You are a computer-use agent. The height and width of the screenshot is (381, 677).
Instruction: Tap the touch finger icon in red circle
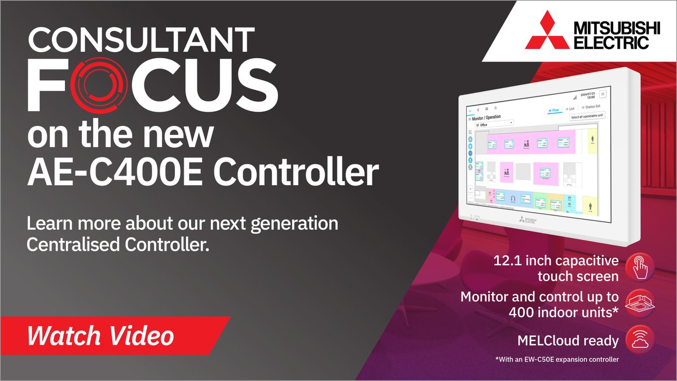click(x=639, y=267)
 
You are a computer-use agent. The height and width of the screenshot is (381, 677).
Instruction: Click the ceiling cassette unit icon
click(x=639, y=304)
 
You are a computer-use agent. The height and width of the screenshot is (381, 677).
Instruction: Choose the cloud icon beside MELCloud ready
click(x=639, y=340)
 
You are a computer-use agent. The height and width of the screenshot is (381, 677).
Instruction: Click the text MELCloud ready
click(x=567, y=341)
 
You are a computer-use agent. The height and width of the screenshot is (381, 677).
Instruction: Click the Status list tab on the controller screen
click(x=590, y=106)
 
